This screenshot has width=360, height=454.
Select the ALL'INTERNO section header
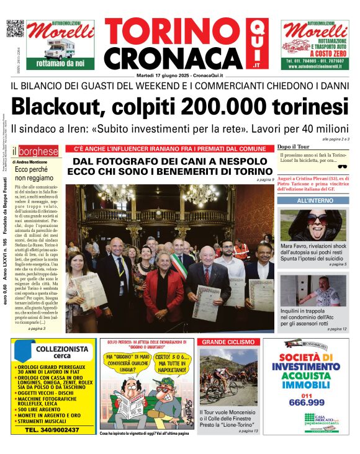[x=315, y=201]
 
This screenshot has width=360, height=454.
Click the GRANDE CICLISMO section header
[x=228, y=342]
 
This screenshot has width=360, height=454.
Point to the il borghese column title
[x=38, y=151]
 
